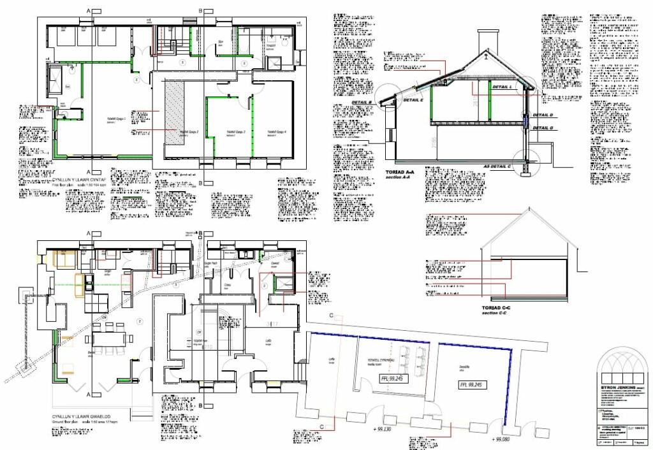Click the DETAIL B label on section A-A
(x=362, y=102)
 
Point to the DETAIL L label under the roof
(x=503, y=87)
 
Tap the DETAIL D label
(x=543, y=115)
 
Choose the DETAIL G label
(x=543, y=127)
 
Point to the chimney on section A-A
(x=487, y=42)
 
